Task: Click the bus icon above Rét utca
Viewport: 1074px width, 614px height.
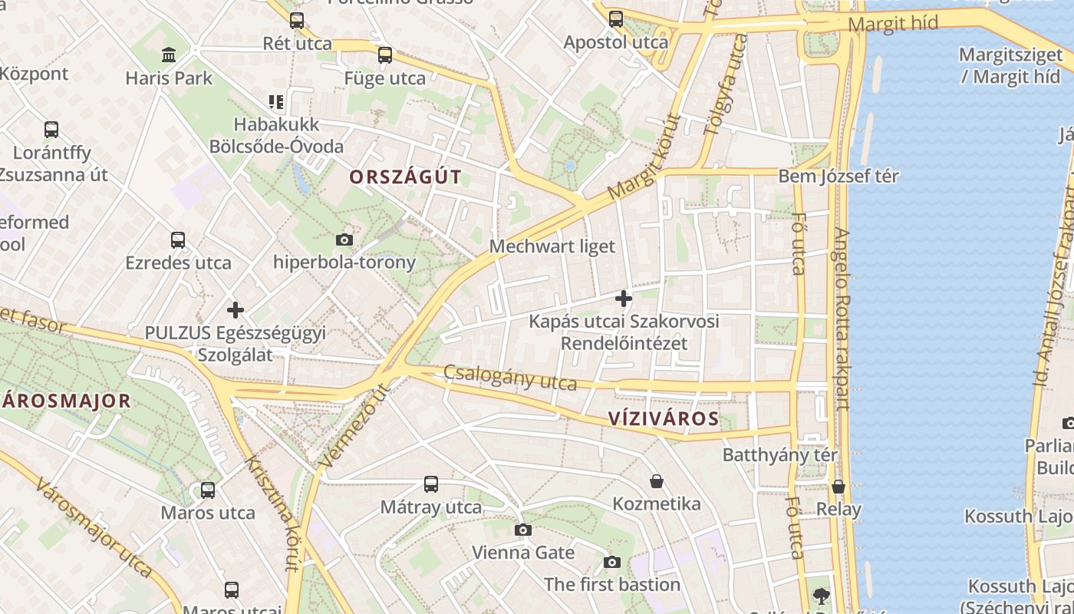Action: (297, 21)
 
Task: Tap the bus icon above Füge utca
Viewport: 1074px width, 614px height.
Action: (385, 55)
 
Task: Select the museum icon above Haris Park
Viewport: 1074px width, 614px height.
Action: (169, 55)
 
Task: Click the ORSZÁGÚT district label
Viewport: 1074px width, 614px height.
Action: (406, 177)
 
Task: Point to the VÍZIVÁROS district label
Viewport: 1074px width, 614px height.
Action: (664, 419)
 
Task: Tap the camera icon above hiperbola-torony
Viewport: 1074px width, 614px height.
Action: (344, 239)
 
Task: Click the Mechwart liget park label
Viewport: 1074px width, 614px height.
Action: (552, 246)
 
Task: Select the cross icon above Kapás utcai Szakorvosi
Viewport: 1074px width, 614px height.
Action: (624, 298)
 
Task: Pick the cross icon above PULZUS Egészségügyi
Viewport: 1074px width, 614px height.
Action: (236, 310)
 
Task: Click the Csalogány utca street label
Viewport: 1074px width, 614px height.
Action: (510, 378)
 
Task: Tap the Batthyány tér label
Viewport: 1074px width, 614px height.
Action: (780, 455)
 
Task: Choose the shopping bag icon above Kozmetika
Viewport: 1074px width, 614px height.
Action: (657, 481)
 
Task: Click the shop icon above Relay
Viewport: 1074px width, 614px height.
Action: (838, 487)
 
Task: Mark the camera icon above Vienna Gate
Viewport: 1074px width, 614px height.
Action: (523, 530)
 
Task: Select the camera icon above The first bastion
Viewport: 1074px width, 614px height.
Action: (611, 562)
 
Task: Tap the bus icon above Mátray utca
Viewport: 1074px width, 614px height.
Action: (431, 484)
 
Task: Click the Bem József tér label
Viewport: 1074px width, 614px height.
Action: (838, 176)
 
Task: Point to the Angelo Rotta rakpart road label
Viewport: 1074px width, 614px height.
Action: (842, 319)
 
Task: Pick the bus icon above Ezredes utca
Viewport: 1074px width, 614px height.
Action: (178, 240)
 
